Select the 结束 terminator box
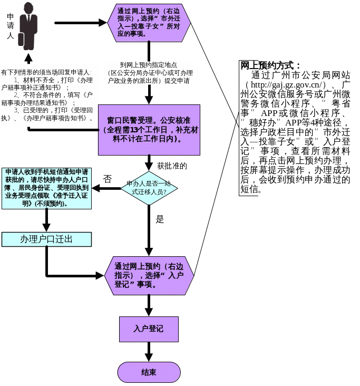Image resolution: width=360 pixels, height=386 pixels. [x=149, y=372]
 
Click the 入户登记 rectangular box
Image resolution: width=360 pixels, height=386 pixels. [x=149, y=329]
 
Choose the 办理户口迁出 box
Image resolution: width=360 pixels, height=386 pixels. [x=46, y=239]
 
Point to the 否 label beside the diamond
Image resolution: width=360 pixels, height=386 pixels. [x=107, y=179]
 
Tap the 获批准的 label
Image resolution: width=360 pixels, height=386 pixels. [x=172, y=166]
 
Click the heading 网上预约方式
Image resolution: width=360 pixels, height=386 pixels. [x=270, y=66]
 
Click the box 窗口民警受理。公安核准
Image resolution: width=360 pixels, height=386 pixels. [x=149, y=130]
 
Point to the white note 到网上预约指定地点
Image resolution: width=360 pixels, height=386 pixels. [x=149, y=72]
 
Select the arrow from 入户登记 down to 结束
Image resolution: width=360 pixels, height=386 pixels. [x=149, y=352]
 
